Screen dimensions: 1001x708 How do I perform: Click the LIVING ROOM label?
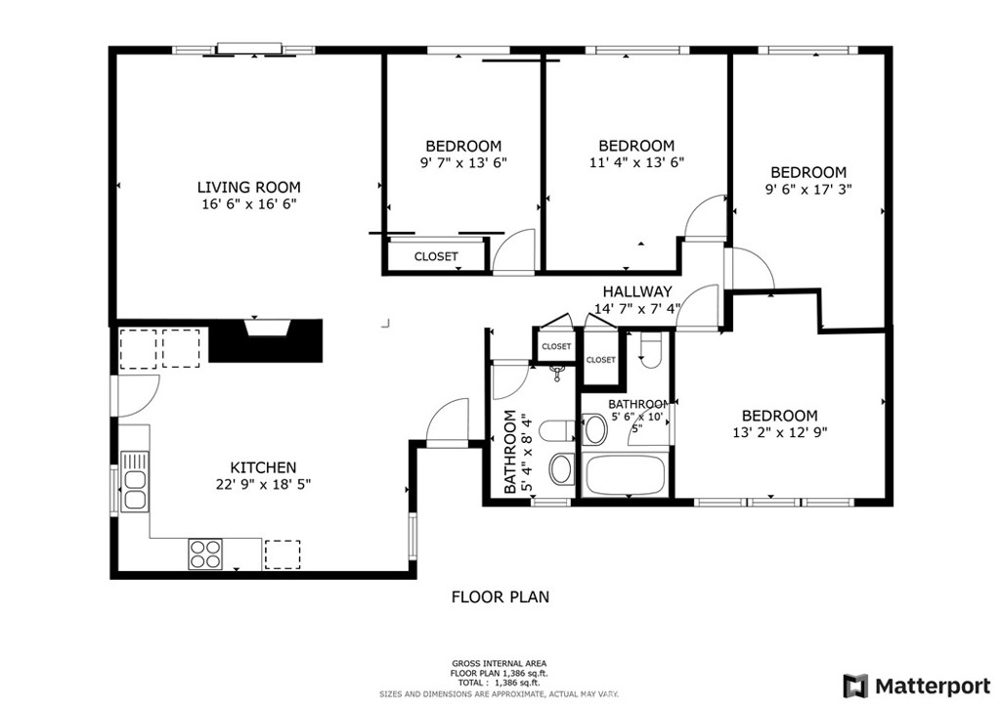pyautogui.click(x=248, y=187)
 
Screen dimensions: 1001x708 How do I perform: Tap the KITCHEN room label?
pyautogui.click(x=263, y=467)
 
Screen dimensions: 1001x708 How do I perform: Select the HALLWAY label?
pyautogui.click(x=637, y=291)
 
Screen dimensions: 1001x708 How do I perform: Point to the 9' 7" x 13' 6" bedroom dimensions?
pyautogui.click(x=463, y=162)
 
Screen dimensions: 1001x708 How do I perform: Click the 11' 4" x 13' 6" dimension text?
pyautogui.click(x=636, y=162)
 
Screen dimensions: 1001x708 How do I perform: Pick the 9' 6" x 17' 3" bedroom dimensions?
pyautogui.click(x=808, y=189)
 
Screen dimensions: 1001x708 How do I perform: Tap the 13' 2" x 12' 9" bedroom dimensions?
pyautogui.click(x=779, y=432)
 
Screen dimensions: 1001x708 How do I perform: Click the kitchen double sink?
pyautogui.click(x=135, y=481)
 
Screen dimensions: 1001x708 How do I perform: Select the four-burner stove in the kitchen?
pyautogui.click(x=205, y=553)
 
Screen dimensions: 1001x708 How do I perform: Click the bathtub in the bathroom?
pyautogui.click(x=625, y=475)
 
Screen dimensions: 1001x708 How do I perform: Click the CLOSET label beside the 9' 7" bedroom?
pyautogui.click(x=436, y=256)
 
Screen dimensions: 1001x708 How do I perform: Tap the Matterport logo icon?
pyautogui.click(x=855, y=686)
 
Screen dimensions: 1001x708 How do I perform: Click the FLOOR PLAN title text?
pyautogui.click(x=500, y=597)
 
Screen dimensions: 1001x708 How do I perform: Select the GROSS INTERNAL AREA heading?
pyautogui.click(x=500, y=663)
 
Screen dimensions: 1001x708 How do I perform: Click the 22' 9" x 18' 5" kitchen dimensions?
pyautogui.click(x=263, y=484)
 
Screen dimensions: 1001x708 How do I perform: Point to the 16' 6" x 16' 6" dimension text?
pyautogui.click(x=249, y=204)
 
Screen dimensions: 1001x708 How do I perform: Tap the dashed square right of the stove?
pyautogui.click(x=283, y=554)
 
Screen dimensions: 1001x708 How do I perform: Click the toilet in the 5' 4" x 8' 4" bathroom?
pyautogui.click(x=557, y=431)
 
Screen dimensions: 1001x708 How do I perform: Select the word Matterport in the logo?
pyautogui.click(x=933, y=686)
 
